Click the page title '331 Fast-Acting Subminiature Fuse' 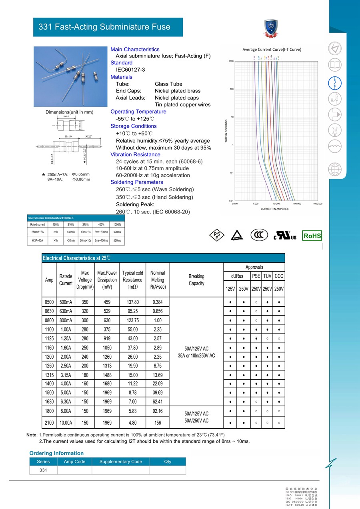pyautogui.click(x=104, y=27)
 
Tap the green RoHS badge pyautogui.click(x=312, y=236)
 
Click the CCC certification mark pyautogui.click(x=259, y=235)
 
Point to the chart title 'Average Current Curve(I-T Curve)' pyautogui.click(x=272, y=50)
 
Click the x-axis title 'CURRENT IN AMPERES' pyautogui.click(x=274, y=209)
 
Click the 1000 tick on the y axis pyautogui.click(x=231, y=62)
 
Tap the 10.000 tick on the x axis pyautogui.click(x=276, y=204)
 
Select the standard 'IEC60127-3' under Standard pyautogui.click(x=130, y=70)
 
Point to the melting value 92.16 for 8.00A pyautogui.click(x=158, y=411)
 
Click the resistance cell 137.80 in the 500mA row pyautogui.click(x=132, y=302)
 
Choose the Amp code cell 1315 pyautogui.click(x=49, y=375)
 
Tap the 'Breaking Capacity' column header pyautogui.click(x=196, y=280)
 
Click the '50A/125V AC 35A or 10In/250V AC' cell pyautogui.click(x=196, y=352)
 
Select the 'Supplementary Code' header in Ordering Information pyautogui.click(x=121, y=461)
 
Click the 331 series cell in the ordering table pyautogui.click(x=43, y=470)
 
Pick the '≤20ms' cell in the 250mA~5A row pyautogui.click(x=117, y=232)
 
